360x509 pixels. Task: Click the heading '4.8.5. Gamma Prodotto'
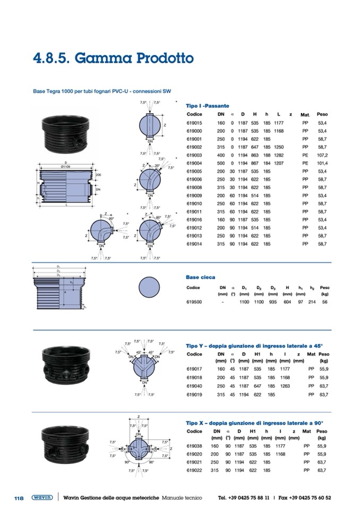[x=113, y=57]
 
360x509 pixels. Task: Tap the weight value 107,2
[x=322, y=155]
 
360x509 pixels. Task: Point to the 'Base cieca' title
[x=199, y=277]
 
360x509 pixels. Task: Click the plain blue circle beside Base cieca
[x=149, y=287]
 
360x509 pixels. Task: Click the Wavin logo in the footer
[x=41, y=497]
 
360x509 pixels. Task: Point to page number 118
[x=19, y=498]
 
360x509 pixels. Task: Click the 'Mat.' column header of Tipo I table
[x=305, y=115]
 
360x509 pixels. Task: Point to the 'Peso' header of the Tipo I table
[x=322, y=114]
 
